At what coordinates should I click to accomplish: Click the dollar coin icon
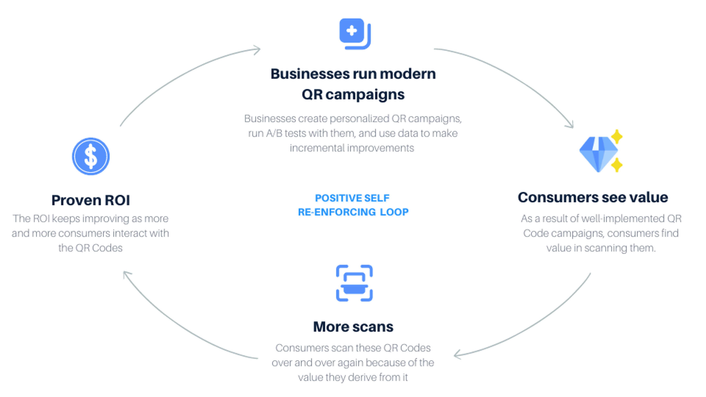click(91, 156)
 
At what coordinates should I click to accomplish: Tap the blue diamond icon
click(598, 154)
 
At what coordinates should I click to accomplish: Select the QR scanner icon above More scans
click(354, 283)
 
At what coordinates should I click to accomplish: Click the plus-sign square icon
click(355, 33)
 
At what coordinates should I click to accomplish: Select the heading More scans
click(353, 327)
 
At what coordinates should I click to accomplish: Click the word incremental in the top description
click(317, 148)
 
